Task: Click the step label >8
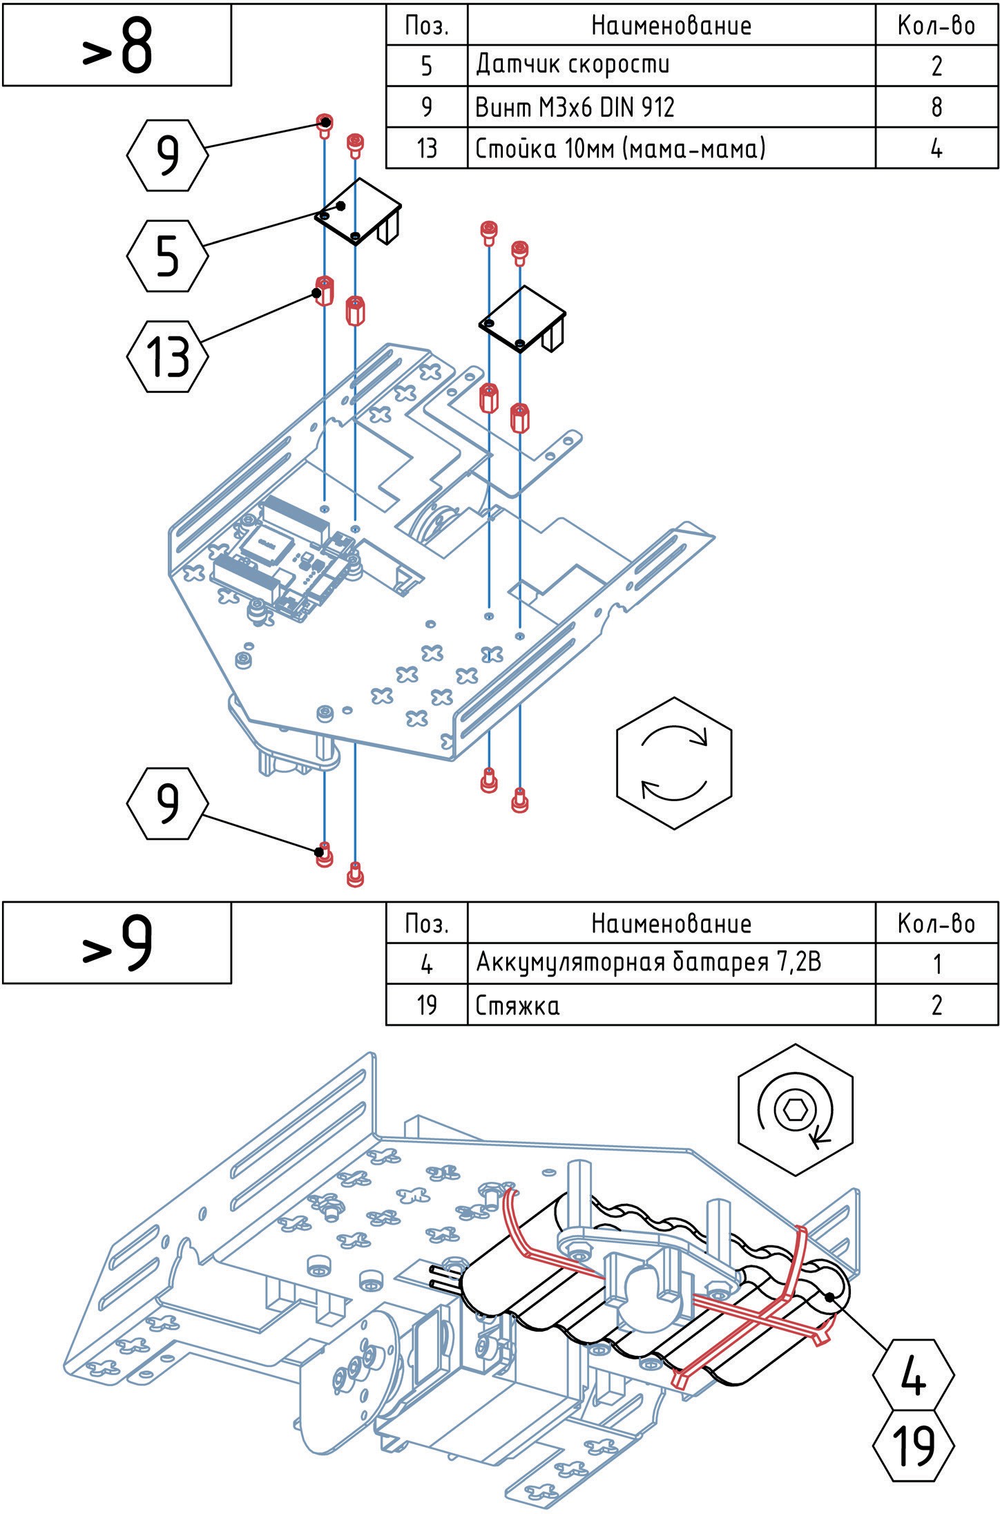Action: [x=117, y=46]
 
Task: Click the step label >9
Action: [x=117, y=943]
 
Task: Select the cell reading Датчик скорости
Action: [x=671, y=66]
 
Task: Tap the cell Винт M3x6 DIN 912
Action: [x=671, y=107]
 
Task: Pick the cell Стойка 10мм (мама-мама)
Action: [x=671, y=148]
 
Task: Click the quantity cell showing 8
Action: [x=936, y=107]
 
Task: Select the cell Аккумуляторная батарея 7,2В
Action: [x=671, y=963]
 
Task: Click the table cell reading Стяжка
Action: [x=671, y=1005]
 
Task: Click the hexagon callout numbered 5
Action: [x=167, y=256]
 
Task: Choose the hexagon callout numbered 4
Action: [x=913, y=1374]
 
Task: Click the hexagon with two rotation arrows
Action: [x=673, y=763]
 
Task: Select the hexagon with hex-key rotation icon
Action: [x=796, y=1109]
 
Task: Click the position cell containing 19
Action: [x=426, y=1005]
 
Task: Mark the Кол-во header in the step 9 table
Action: [x=936, y=923]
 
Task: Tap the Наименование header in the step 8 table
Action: [x=671, y=26]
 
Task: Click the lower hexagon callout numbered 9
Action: [x=167, y=803]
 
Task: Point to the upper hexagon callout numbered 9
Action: [x=167, y=155]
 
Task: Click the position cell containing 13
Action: [x=426, y=148]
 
